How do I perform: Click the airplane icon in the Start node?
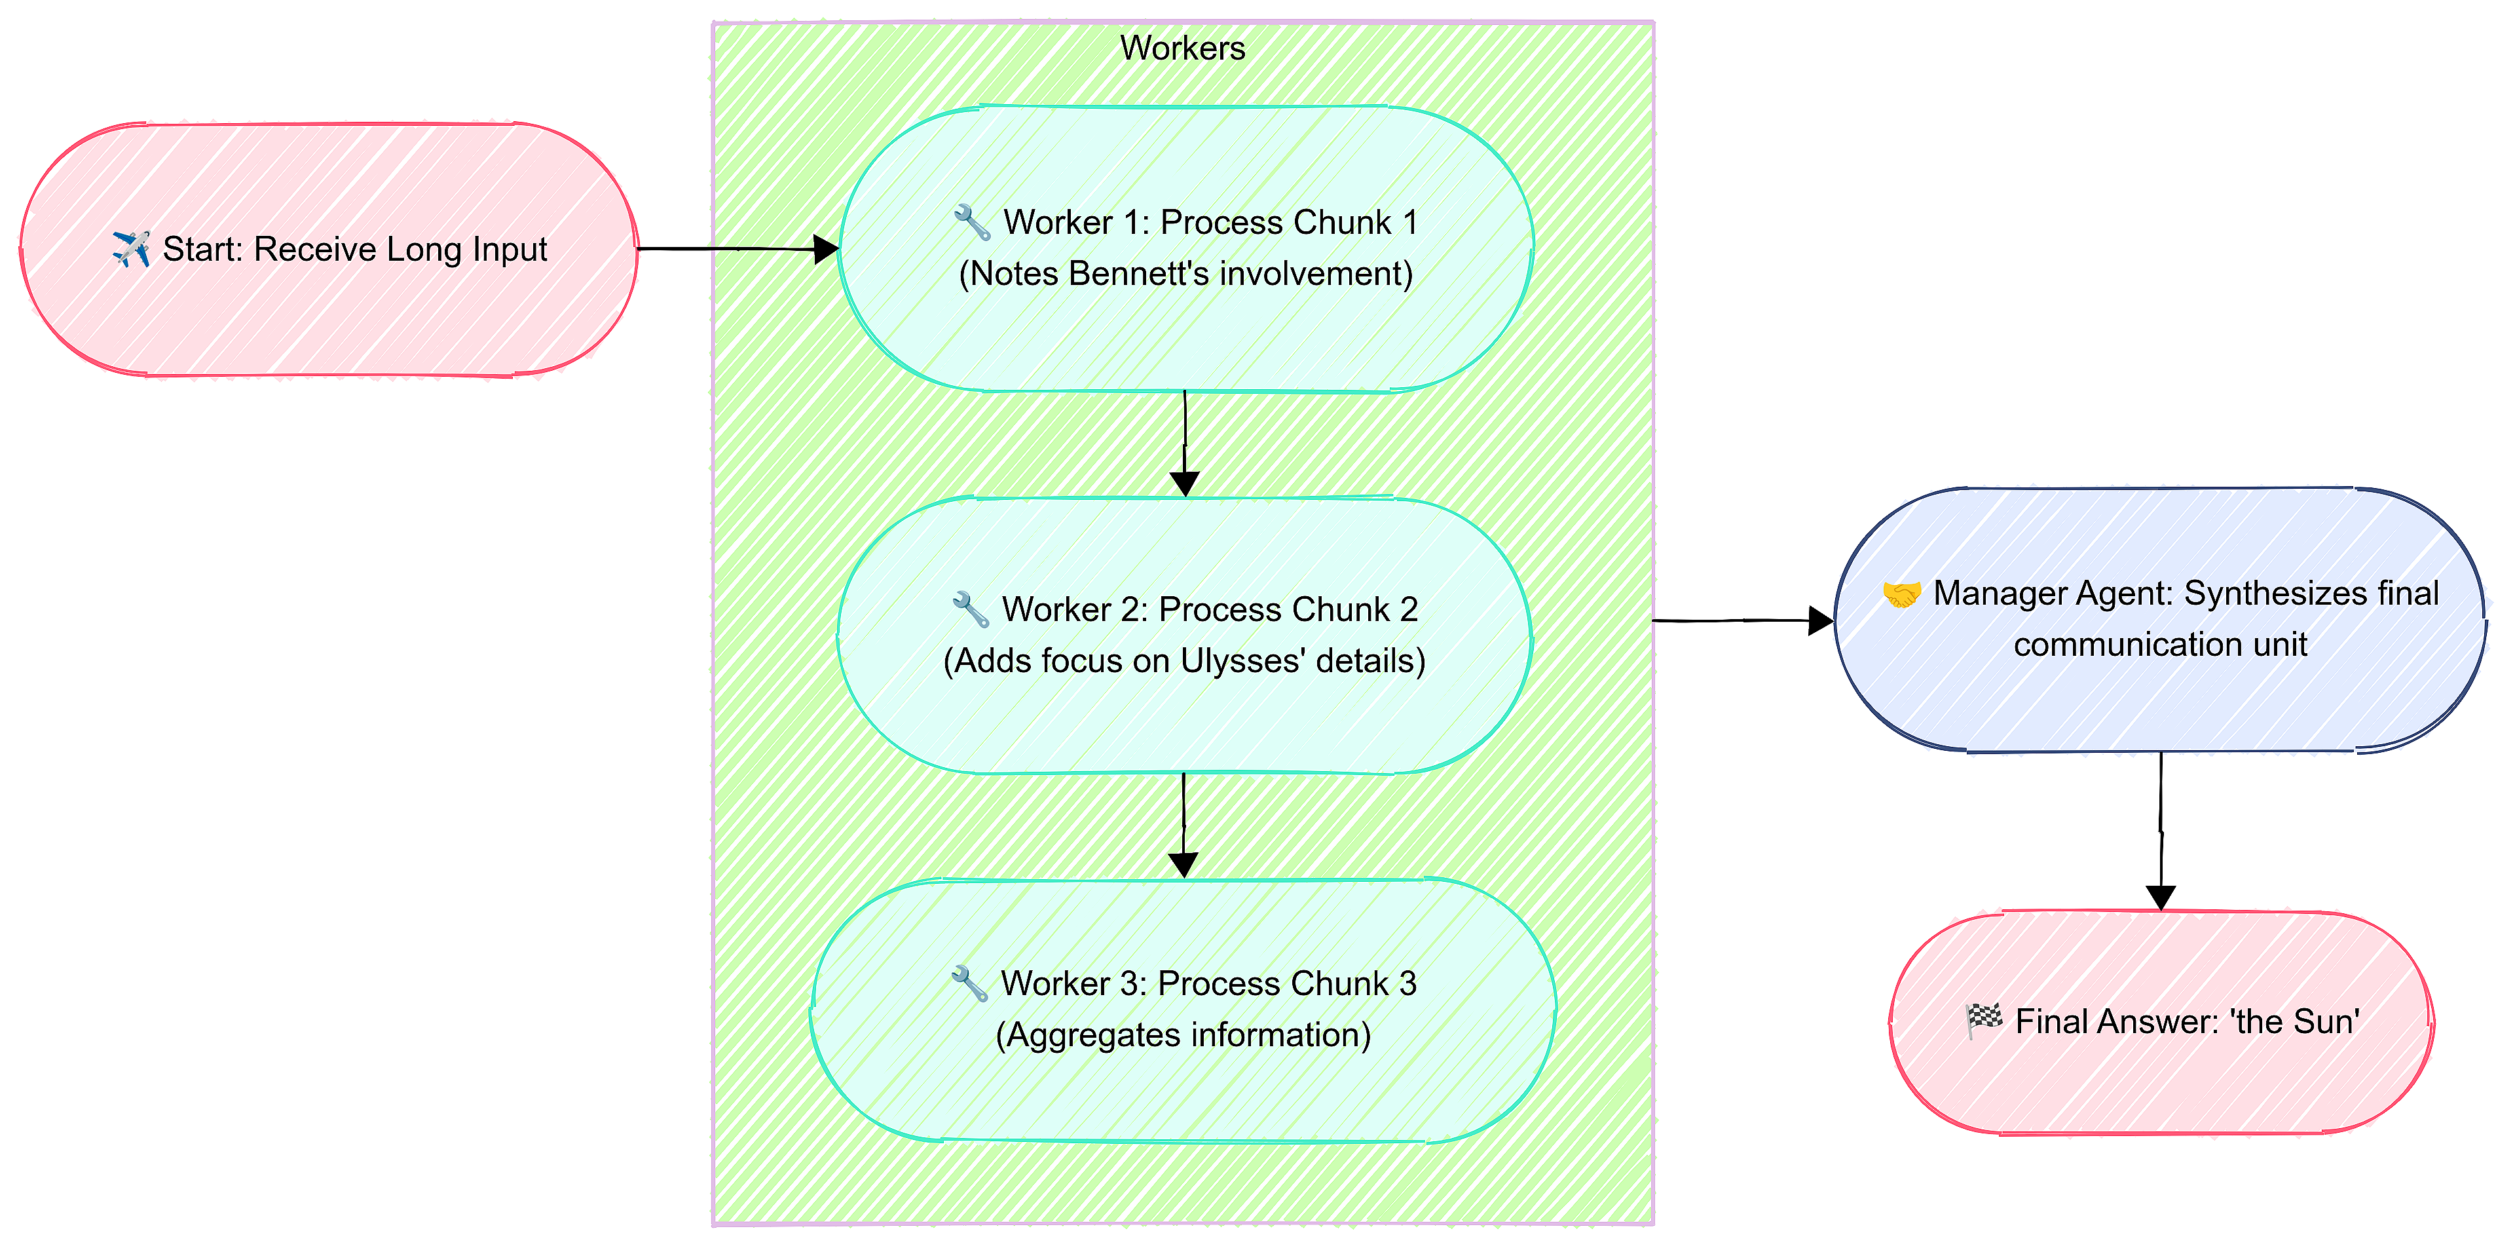pyautogui.click(x=131, y=249)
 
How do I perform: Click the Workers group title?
pyautogui.click(x=1182, y=48)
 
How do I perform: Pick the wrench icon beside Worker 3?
pyautogui.click(x=969, y=983)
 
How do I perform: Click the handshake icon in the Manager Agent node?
pyautogui.click(x=1901, y=594)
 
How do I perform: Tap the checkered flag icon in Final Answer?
pyautogui.click(x=1983, y=1021)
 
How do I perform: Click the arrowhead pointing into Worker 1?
pyautogui.click(x=826, y=249)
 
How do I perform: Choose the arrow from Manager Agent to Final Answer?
pyautogui.click(x=2161, y=830)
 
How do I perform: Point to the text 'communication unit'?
pyautogui.click(x=2159, y=645)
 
